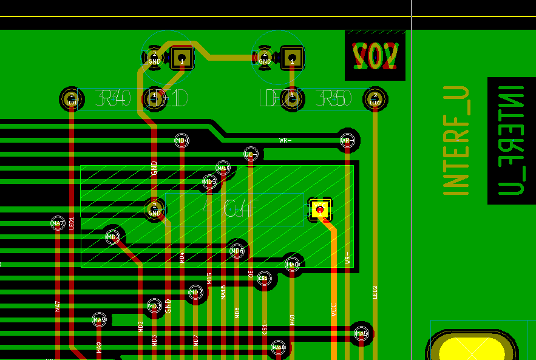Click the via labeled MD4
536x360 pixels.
coord(181,141)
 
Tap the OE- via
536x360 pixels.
coord(251,154)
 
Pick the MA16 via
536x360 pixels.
coord(223,168)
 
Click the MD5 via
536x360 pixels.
coord(209,182)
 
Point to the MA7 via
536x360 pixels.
coord(58,223)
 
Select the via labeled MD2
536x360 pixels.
coord(113,237)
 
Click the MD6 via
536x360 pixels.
coord(237,251)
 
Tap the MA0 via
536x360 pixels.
coord(293,265)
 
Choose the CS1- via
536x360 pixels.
coord(264,278)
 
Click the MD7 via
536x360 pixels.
coord(195,293)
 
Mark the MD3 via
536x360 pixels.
coord(154,306)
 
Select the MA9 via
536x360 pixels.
coord(99,319)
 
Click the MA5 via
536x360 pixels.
coord(361,333)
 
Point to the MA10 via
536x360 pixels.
coord(278,347)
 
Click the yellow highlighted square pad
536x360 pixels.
coord(320,210)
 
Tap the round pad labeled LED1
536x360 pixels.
coord(72,98)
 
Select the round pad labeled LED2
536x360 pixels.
coord(375,98)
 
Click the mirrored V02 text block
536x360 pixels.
coord(375,55)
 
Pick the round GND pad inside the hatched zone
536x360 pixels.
coord(154,210)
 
